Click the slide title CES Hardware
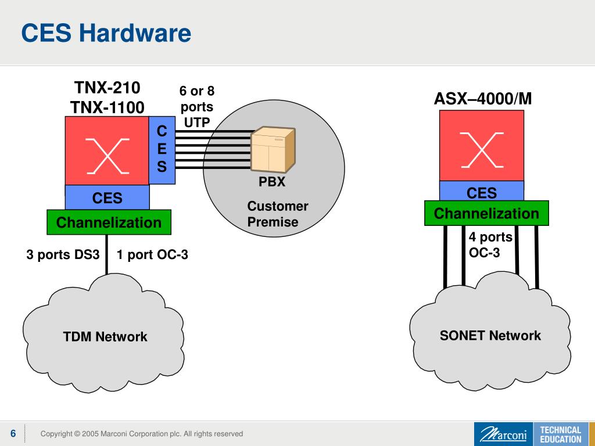[x=106, y=33]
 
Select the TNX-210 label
[x=107, y=88]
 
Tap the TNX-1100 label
[x=107, y=107]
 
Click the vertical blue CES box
[x=162, y=150]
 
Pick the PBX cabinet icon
[x=273, y=149]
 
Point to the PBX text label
[x=272, y=182]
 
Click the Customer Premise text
[x=277, y=214]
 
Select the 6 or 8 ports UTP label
[x=197, y=107]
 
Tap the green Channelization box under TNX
[x=109, y=222]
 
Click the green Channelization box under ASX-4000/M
[x=486, y=213]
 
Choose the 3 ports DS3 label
[x=63, y=254]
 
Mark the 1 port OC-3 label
[x=152, y=254]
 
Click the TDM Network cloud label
[x=105, y=336]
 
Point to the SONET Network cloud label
[x=490, y=335]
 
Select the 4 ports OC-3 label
[x=490, y=244]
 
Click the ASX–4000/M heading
[x=483, y=99]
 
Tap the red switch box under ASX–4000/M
[x=482, y=146]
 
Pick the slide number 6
[x=13, y=433]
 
